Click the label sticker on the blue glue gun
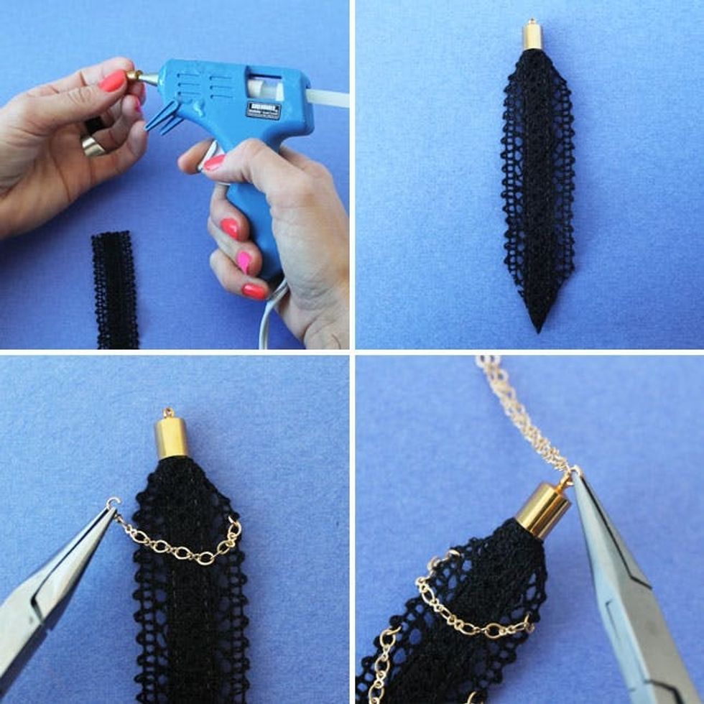point(264,110)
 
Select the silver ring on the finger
point(94,146)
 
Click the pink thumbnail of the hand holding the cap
point(113,81)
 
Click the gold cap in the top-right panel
point(532,36)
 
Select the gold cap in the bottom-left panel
point(172,437)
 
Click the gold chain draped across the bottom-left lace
point(180,546)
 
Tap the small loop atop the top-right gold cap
point(532,22)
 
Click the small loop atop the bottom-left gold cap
point(170,412)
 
